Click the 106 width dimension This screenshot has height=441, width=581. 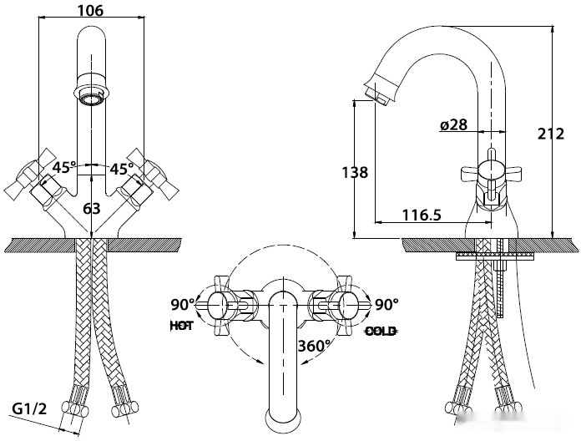point(88,10)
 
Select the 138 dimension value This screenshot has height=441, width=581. point(355,173)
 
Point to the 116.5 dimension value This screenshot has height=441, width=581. point(422,215)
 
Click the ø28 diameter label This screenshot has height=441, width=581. point(453,125)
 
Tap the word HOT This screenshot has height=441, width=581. point(181,327)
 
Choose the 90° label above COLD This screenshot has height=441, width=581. point(386,304)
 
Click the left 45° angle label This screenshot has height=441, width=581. point(64,168)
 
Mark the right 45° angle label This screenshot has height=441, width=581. point(122,168)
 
